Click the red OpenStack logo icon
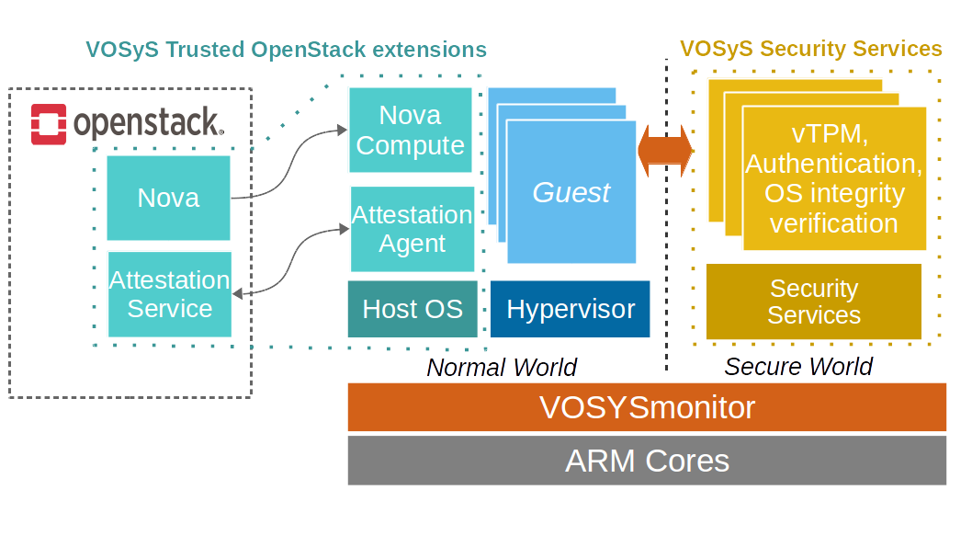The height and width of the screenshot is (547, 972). tap(49, 124)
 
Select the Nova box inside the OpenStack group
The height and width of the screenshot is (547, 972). tap(168, 198)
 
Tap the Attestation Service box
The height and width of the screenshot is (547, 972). tap(169, 294)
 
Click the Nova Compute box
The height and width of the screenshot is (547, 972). tap(410, 130)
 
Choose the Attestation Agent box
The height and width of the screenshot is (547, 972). tap(413, 229)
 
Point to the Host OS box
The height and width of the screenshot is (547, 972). tap(413, 309)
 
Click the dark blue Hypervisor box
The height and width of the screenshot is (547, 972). tap(570, 309)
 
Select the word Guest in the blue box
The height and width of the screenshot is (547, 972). tap(571, 192)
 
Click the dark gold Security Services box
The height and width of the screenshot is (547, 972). tap(813, 302)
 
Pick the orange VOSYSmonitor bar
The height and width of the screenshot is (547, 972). tap(647, 407)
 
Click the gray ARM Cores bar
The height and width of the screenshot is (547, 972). tap(647, 460)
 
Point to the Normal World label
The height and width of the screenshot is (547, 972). tap(502, 368)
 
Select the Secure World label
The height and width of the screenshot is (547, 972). tap(797, 367)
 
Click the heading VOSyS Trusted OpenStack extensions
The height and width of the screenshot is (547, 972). tap(286, 49)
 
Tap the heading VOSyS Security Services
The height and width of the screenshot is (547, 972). tap(810, 49)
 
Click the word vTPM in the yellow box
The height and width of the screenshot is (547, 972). tap(830, 134)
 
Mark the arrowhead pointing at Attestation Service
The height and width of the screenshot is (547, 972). tap(238, 293)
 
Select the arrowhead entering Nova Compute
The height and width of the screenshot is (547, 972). tap(342, 131)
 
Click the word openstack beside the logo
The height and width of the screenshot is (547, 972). tap(146, 123)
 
